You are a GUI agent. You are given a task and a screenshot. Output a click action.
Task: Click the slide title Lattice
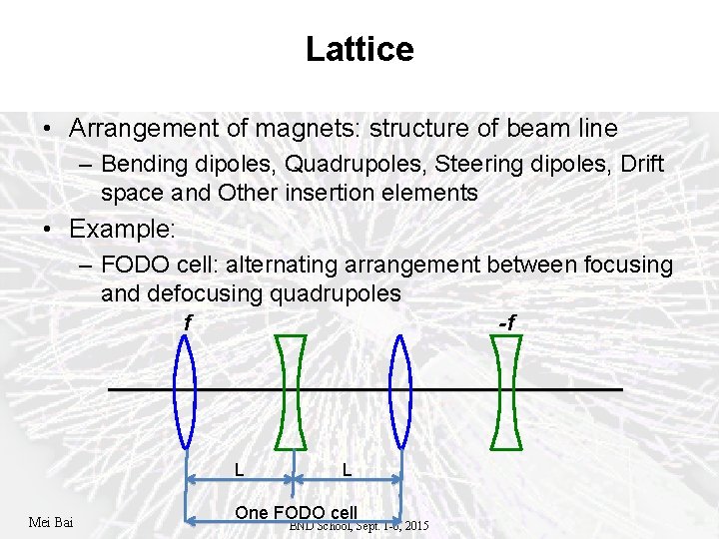click(x=359, y=49)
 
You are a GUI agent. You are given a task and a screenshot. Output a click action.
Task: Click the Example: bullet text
click(x=122, y=229)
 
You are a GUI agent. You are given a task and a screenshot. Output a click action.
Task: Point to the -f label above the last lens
click(x=506, y=321)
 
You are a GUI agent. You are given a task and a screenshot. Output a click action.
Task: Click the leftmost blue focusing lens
click(x=186, y=390)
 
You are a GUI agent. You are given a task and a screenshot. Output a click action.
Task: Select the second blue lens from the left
click(x=400, y=390)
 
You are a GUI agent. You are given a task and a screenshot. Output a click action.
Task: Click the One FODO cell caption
click(x=296, y=512)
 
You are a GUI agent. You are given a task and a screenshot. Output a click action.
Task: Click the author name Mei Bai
click(x=53, y=522)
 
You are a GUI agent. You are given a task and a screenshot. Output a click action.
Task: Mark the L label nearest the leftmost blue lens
click(x=239, y=468)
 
